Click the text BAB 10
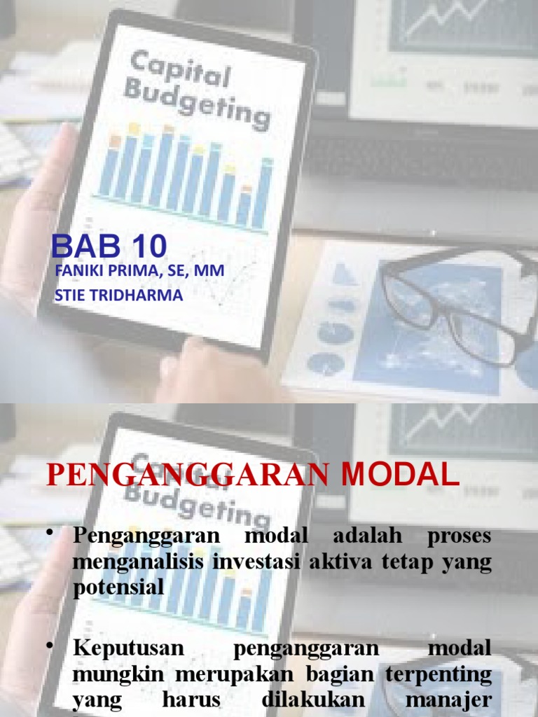[x=109, y=246]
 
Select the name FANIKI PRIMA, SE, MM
[x=139, y=271]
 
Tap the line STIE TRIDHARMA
[x=118, y=295]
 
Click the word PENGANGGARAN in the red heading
[x=187, y=475]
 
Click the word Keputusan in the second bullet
[x=128, y=648]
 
